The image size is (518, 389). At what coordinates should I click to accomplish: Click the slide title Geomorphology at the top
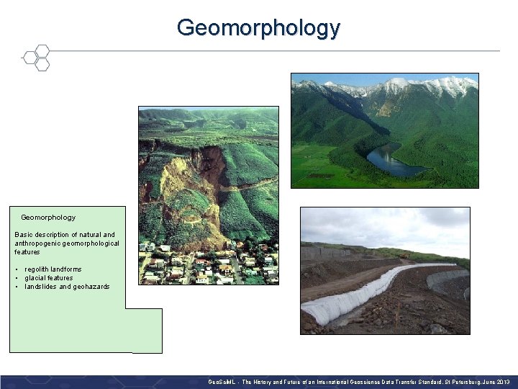click(258, 27)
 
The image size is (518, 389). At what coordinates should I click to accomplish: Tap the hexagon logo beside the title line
click(36, 58)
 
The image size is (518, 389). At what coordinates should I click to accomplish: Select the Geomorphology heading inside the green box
click(48, 217)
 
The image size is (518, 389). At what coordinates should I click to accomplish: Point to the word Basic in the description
click(24, 235)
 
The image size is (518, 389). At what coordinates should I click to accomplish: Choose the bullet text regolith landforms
click(53, 269)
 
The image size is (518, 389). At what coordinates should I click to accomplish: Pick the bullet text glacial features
click(49, 278)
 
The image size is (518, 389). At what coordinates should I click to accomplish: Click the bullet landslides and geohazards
click(67, 287)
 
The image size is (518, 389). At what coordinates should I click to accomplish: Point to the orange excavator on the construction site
click(404, 255)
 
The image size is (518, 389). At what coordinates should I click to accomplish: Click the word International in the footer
click(330, 381)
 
